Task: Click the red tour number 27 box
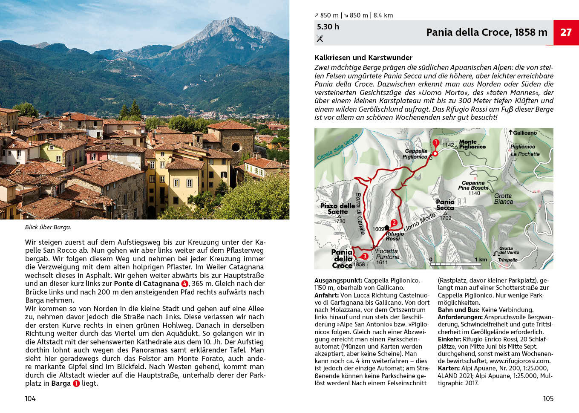[x=566, y=32]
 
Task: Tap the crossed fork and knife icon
[x=320, y=39]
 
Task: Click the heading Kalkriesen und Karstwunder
[x=363, y=58]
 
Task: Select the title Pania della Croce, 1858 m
[x=487, y=32]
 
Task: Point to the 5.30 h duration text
[x=328, y=26]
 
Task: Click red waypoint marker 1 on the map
[x=435, y=143]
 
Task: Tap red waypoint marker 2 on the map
[x=394, y=222]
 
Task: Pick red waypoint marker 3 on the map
[x=365, y=256]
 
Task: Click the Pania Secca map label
[x=445, y=205]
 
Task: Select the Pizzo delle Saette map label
[x=337, y=208]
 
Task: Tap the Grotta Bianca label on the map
[x=503, y=199]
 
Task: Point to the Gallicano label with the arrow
[x=522, y=133]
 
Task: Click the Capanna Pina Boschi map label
[x=473, y=185]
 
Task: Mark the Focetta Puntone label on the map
[x=387, y=254]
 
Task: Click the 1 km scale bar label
[x=481, y=259]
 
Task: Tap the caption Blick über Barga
[x=48, y=227]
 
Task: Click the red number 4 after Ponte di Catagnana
[x=184, y=284]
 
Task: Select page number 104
[x=30, y=399]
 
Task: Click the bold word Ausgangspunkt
[x=338, y=280]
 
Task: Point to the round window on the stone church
[x=236, y=147]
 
